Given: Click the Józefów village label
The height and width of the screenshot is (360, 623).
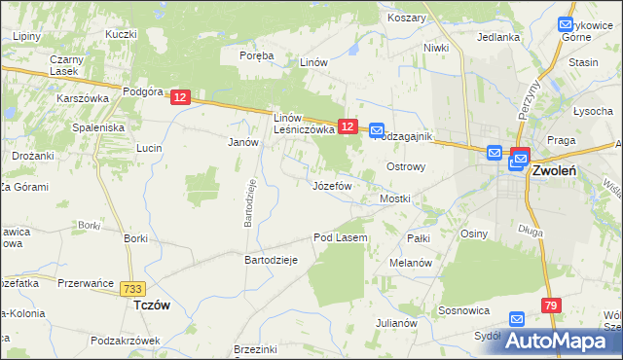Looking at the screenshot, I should (x=331, y=185).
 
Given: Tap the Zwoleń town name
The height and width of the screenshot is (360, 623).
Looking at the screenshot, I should (x=555, y=170).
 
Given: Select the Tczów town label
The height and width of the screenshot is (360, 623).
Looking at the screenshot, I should (x=151, y=305).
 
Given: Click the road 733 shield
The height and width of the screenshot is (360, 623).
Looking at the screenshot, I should (x=134, y=289).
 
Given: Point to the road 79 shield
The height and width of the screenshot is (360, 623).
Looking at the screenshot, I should (x=552, y=306).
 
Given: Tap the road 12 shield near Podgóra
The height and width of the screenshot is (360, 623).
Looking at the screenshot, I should (x=180, y=97).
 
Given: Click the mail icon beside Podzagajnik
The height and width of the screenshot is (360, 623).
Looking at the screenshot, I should (x=377, y=129).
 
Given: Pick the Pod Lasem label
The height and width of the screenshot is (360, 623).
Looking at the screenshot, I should (x=340, y=237).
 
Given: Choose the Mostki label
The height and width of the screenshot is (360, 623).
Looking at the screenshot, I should (x=394, y=198).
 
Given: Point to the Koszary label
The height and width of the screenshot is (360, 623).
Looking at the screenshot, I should (x=406, y=18).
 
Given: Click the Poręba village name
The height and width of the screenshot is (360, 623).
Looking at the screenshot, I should (x=257, y=55).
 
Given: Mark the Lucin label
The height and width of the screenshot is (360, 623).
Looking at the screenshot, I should (x=149, y=148).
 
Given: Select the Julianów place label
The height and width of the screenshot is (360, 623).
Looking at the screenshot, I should (x=396, y=323).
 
